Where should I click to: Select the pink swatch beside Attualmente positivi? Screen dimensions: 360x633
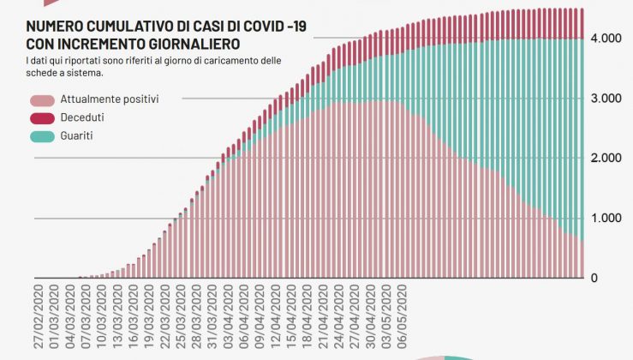tap(42, 99)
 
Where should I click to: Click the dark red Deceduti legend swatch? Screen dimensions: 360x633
tap(42, 117)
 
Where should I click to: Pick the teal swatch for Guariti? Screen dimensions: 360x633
tap(42, 135)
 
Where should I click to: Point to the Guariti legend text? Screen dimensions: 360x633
tap(76, 135)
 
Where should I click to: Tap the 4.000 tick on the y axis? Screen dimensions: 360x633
tap(604, 39)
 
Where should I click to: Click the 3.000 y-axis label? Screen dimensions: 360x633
tap(604, 99)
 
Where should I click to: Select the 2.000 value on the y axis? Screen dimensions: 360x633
tap(604, 159)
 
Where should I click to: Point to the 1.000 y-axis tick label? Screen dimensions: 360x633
tap(604, 219)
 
